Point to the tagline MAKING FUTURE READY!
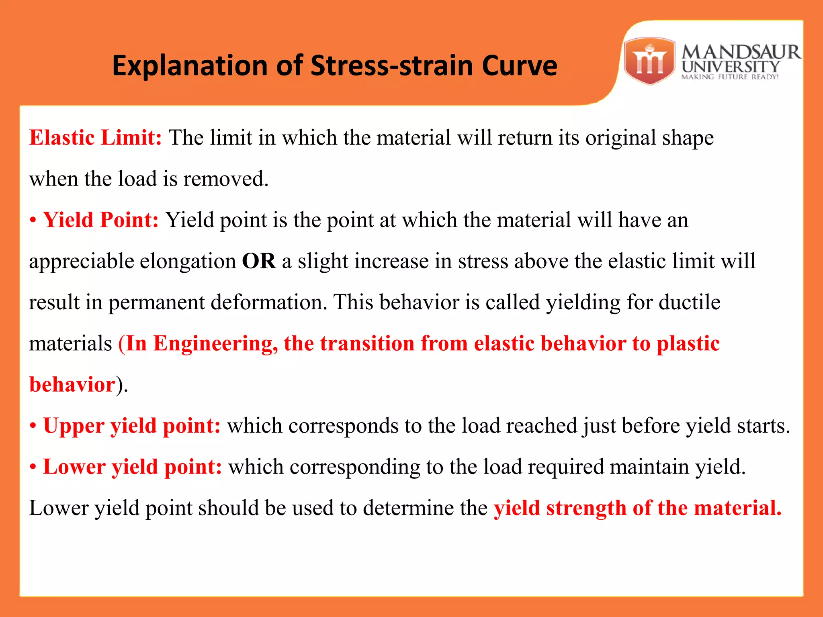[730, 77]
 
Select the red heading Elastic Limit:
[96, 138]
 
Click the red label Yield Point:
[101, 220]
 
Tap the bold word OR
[259, 262]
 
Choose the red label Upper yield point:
[132, 426]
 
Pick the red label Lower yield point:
[132, 467]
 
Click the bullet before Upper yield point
[33, 426]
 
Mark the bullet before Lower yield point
[33, 467]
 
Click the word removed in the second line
[225, 179]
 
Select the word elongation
[188, 262]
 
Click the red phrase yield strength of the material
[637, 508]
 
